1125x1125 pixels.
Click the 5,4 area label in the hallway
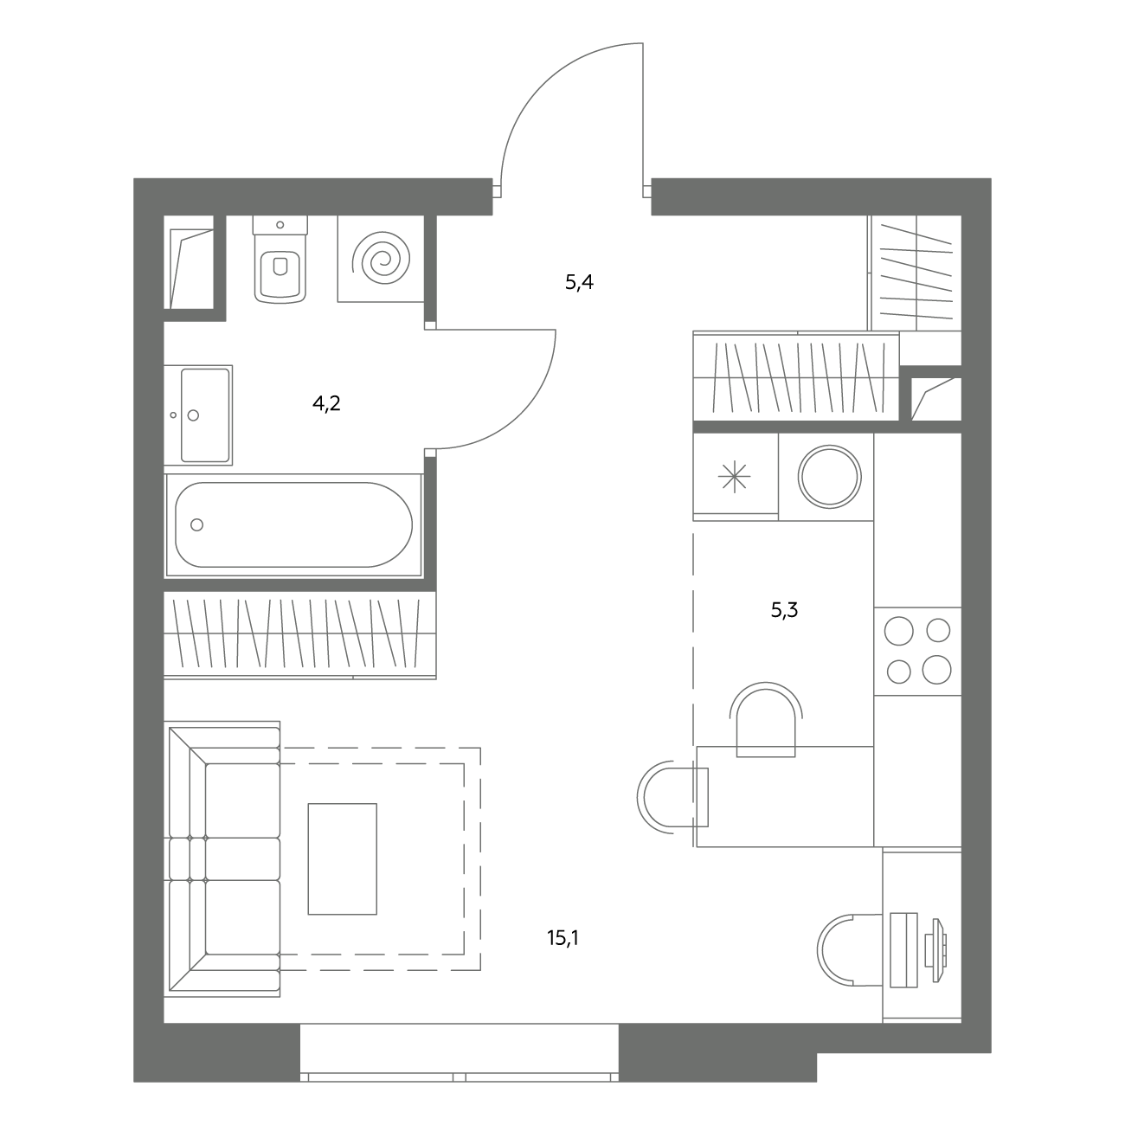click(x=579, y=283)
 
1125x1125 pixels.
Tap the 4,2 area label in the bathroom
click(x=326, y=403)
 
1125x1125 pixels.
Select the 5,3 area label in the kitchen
click(x=784, y=610)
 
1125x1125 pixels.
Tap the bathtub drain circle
click(x=197, y=524)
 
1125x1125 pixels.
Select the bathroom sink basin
click(x=205, y=415)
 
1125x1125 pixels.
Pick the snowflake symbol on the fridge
click(x=734, y=476)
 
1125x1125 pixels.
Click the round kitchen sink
click(x=830, y=476)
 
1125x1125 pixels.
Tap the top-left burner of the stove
click(x=898, y=631)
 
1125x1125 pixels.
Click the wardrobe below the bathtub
click(x=300, y=635)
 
